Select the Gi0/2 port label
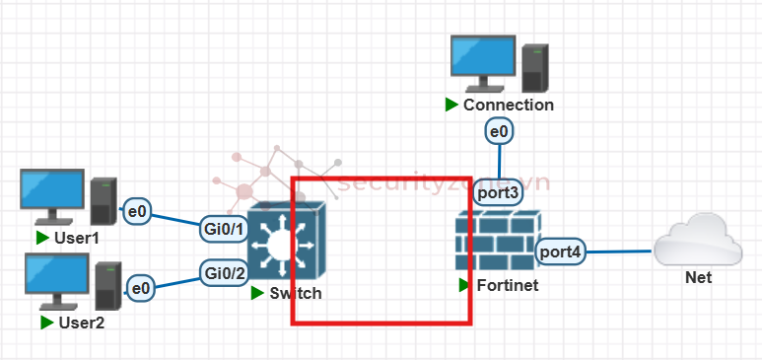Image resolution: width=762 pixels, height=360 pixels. tap(224, 272)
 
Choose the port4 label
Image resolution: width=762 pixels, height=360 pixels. tap(561, 252)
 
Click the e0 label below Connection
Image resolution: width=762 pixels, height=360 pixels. tap(499, 130)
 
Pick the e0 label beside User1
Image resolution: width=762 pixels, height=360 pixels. tap(138, 210)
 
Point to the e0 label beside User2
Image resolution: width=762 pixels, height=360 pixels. tap(142, 288)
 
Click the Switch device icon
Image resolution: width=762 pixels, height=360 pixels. tap(286, 243)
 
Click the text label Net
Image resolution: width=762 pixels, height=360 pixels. tap(698, 278)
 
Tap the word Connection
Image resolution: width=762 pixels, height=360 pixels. tap(508, 105)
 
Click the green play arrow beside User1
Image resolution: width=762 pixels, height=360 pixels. tap(42, 238)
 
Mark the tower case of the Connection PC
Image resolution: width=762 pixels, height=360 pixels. tap(535, 67)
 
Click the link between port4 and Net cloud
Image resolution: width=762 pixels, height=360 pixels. tap(620, 252)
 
